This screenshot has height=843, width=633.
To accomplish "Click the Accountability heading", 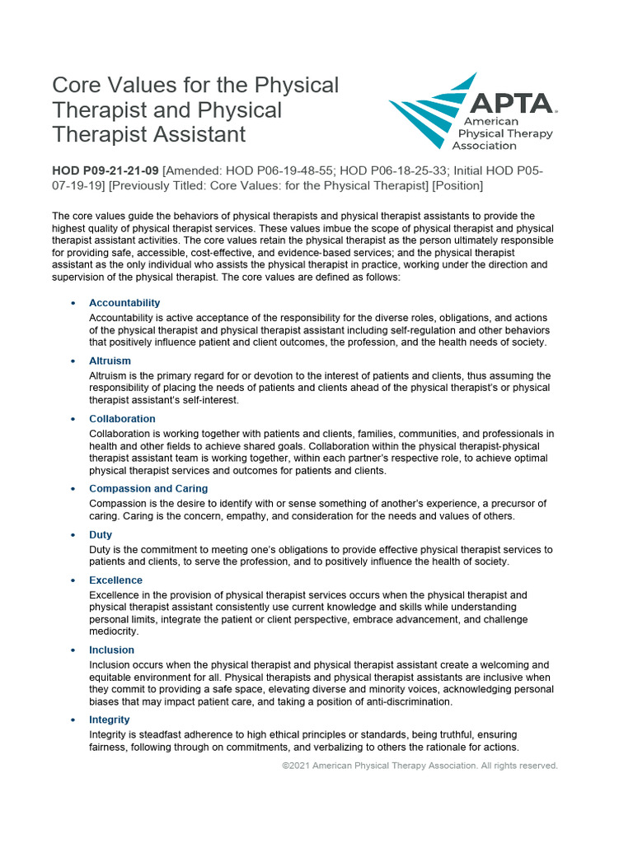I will [124, 303].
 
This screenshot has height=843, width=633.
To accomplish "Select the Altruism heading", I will [110, 361].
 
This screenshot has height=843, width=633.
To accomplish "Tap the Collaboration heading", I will [122, 419].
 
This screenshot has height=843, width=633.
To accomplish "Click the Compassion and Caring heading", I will [148, 488].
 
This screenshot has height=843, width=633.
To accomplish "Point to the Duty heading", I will [101, 534].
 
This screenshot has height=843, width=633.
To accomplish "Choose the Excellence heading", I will [115, 580].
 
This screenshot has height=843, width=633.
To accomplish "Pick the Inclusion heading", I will [112, 650].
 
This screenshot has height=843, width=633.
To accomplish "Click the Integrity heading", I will [110, 720].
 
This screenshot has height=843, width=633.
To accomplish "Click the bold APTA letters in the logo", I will [511, 103].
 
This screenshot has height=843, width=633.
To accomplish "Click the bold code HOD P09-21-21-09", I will [105, 170].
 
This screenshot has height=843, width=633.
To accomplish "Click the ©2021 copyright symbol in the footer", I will [285, 766].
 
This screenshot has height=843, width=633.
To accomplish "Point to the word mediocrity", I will [115, 631].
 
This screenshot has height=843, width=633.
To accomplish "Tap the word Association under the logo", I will [485, 146].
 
